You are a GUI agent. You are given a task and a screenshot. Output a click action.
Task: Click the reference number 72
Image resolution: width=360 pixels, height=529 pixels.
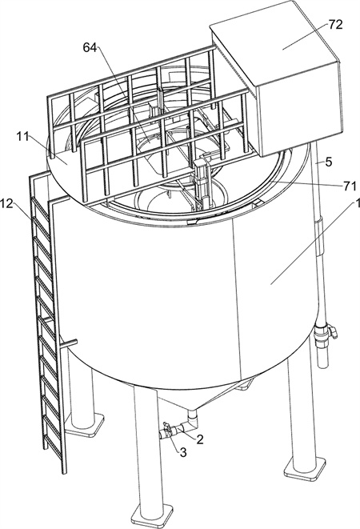click(x=335, y=25)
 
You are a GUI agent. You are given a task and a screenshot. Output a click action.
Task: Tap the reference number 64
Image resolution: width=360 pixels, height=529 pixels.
click(x=90, y=48)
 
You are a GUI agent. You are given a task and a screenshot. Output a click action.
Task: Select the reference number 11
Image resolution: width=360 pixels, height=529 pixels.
click(x=22, y=136)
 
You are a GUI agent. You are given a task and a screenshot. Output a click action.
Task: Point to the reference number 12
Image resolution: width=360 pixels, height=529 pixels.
click(x=6, y=203)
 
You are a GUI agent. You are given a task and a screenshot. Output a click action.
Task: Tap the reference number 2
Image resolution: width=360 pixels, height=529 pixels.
click(x=200, y=439)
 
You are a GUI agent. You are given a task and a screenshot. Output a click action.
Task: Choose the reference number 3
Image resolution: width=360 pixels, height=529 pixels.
click(x=183, y=453)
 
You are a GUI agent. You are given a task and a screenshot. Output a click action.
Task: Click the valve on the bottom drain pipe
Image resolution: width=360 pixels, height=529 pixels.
click(x=167, y=430)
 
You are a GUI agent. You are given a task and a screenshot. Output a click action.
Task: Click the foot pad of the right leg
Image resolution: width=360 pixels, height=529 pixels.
click(x=305, y=468)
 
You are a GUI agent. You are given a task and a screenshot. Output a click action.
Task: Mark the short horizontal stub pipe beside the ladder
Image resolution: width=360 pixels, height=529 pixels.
click(x=69, y=344)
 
